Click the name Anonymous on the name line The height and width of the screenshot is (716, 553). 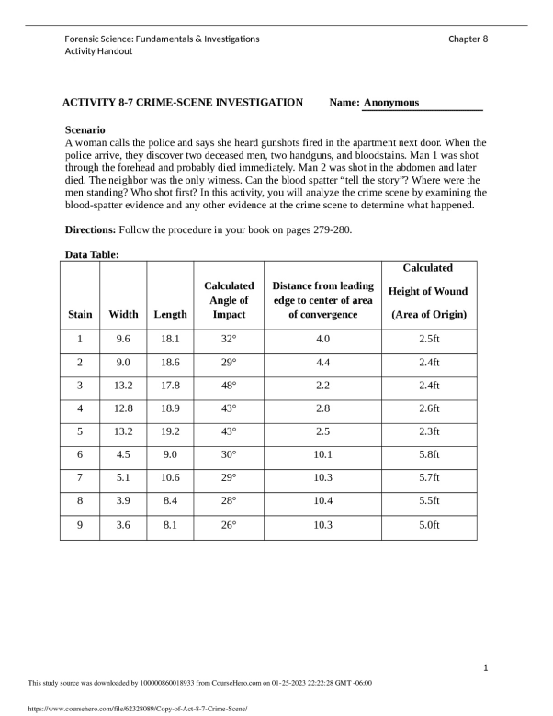tap(390, 103)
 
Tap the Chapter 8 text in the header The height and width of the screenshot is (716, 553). tap(468, 39)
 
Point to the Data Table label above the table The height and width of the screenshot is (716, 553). tap(92, 254)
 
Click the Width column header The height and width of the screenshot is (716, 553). tap(124, 314)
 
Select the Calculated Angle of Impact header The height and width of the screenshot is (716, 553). tap(229, 300)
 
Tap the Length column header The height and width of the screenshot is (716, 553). tap(170, 314)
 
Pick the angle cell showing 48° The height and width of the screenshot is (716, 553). tap(229, 386)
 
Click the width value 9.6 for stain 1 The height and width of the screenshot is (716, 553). tap(124, 339)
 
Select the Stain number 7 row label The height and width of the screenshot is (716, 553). tap(80, 478)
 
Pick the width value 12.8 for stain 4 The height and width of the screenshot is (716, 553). tap(124, 408)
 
